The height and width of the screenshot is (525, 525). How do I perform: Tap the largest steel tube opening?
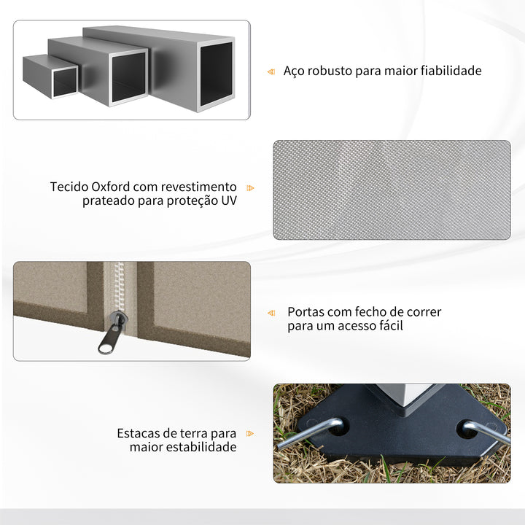[216, 73]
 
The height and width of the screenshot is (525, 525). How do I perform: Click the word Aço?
[293, 71]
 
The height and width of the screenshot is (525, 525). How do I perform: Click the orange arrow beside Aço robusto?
[271, 71]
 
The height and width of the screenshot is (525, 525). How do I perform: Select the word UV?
[228, 201]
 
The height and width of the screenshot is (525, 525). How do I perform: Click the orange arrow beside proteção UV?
[251, 187]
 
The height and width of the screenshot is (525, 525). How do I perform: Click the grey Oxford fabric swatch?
[392, 190]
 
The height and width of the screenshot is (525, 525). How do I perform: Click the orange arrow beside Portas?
[271, 313]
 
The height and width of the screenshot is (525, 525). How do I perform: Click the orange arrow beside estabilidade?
[251, 433]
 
